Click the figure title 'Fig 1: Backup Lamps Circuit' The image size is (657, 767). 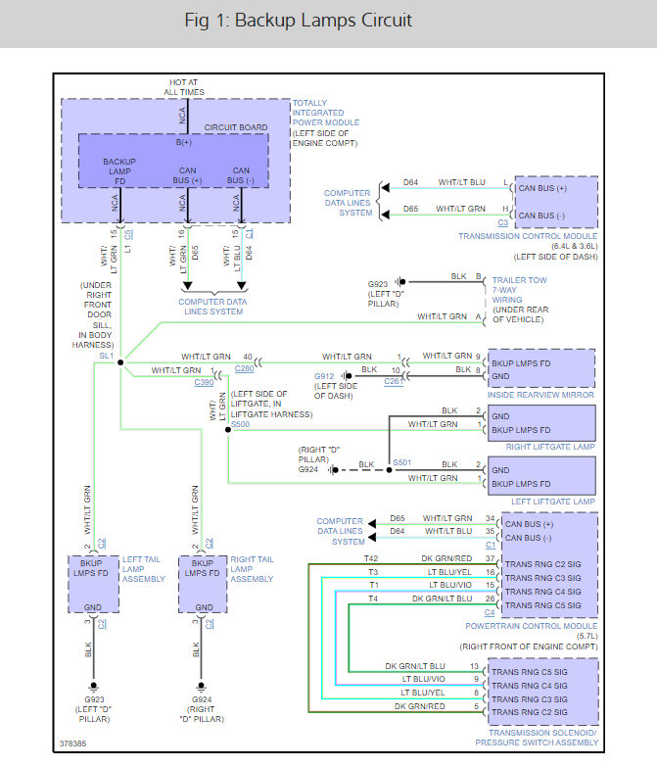coord(298,21)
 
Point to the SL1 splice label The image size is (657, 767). coord(107,356)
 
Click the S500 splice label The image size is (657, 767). coord(239,425)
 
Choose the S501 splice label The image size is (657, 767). coord(401,461)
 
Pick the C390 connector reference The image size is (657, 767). coord(204,383)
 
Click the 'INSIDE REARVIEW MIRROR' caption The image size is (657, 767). coord(541,395)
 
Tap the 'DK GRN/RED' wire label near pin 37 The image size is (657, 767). coord(446,558)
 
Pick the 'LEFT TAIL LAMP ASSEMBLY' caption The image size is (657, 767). coord(143,569)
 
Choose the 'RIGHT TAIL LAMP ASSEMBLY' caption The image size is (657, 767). coord(252,569)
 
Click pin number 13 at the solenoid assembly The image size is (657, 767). coord(474,666)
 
